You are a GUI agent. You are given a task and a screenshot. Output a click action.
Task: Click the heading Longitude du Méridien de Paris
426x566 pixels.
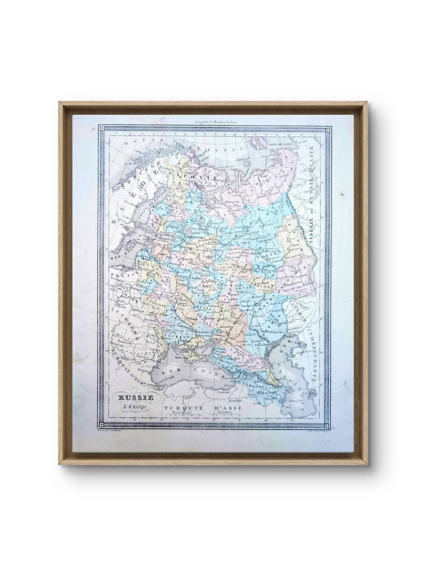218,122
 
